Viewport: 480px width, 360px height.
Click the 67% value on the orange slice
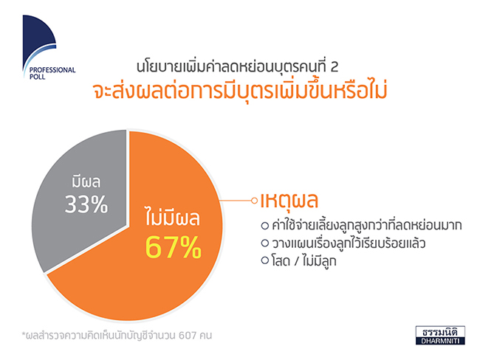tap(174, 247)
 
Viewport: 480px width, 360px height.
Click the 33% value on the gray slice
tap(86, 204)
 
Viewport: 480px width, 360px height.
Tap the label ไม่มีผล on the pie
tap(173, 217)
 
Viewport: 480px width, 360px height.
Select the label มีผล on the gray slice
tap(86, 181)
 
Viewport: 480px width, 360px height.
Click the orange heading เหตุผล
tap(289, 201)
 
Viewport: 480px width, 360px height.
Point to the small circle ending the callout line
tap(254, 201)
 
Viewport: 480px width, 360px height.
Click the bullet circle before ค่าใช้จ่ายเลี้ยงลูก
tap(265, 226)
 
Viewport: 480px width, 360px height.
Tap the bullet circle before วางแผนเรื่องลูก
tap(265, 243)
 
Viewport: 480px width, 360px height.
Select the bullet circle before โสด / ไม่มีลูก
tap(265, 260)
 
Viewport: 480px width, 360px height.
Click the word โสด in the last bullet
tap(281, 260)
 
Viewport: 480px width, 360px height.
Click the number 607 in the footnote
tap(188, 336)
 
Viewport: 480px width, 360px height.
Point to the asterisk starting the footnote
tap(24, 333)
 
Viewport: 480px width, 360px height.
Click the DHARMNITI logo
tap(440, 335)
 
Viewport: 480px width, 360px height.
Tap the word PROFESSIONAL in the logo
tap(52, 70)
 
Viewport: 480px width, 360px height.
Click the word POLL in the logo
tap(38, 77)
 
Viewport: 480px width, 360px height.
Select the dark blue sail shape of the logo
tap(38, 36)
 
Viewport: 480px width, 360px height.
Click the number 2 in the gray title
tap(335, 67)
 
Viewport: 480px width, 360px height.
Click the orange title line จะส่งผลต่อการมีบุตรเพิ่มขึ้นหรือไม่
tap(240, 91)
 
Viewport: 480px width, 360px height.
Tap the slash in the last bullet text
tap(296, 261)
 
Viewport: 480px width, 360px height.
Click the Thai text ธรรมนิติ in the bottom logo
tap(440, 332)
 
